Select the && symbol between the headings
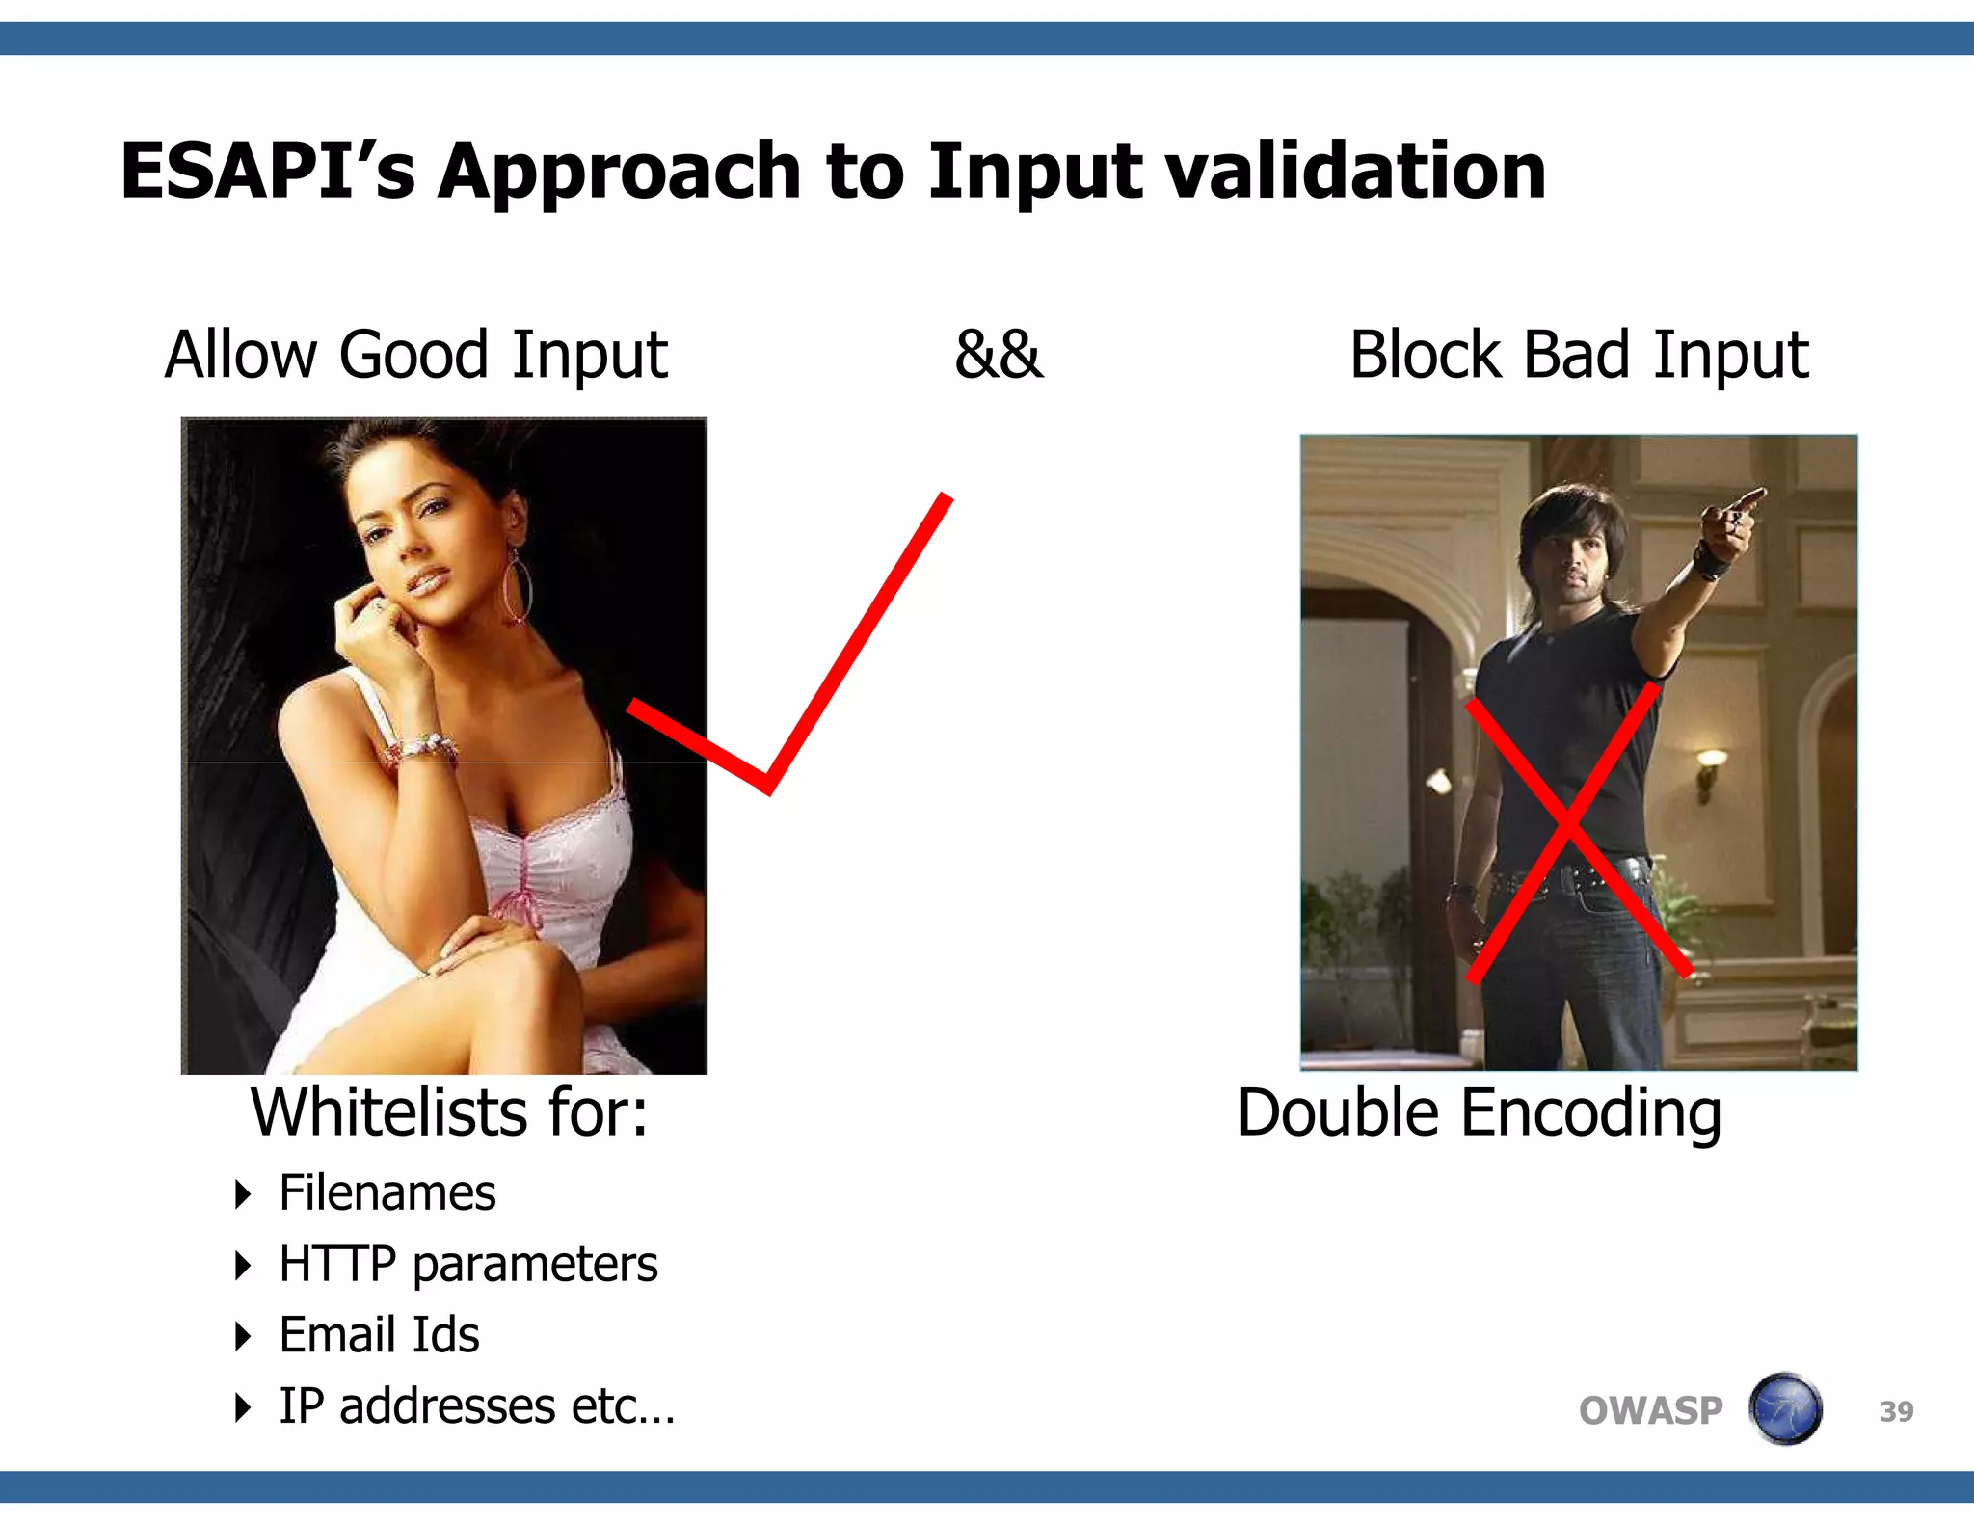[x=999, y=355]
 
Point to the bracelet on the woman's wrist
[x=419, y=748]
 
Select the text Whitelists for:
[x=449, y=1112]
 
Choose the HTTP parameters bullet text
[x=467, y=1265]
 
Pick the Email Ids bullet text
[x=379, y=1335]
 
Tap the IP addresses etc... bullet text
[x=477, y=1406]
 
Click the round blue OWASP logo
[x=1785, y=1409]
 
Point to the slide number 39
[x=1896, y=1412]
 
